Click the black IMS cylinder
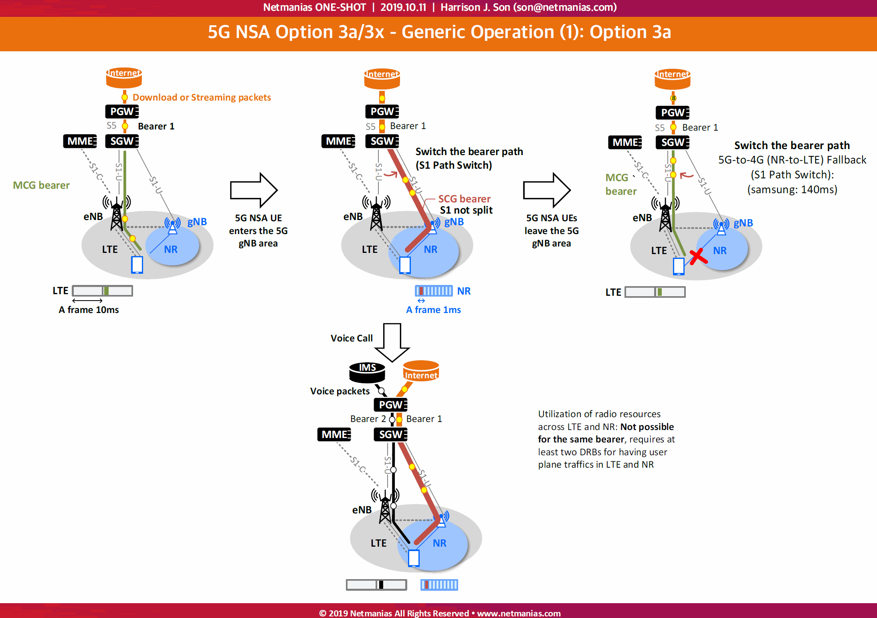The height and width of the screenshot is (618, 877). coord(367,372)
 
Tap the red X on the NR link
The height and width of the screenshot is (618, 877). coord(699,256)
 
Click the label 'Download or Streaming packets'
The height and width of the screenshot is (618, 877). coord(202,97)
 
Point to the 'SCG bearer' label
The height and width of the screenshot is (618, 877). coord(464,199)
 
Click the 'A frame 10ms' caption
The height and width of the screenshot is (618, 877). coord(89,310)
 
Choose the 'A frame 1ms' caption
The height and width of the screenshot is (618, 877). coord(433,310)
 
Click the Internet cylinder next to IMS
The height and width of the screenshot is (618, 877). coord(421,371)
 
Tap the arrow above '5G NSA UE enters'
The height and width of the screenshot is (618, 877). coord(254,190)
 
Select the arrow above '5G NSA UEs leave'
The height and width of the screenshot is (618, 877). coord(547,190)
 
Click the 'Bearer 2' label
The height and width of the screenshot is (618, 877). coord(368,419)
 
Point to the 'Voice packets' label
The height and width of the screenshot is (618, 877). coord(340,391)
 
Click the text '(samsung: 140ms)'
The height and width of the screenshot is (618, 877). coord(792,189)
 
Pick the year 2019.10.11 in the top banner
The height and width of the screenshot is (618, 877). coord(403,7)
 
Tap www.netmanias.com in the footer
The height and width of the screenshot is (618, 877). coord(519,613)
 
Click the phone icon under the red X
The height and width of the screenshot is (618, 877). coord(679,267)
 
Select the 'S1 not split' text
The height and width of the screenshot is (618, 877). coord(466,210)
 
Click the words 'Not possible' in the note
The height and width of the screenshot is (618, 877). coord(647,427)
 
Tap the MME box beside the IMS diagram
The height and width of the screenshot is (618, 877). coord(334,434)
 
